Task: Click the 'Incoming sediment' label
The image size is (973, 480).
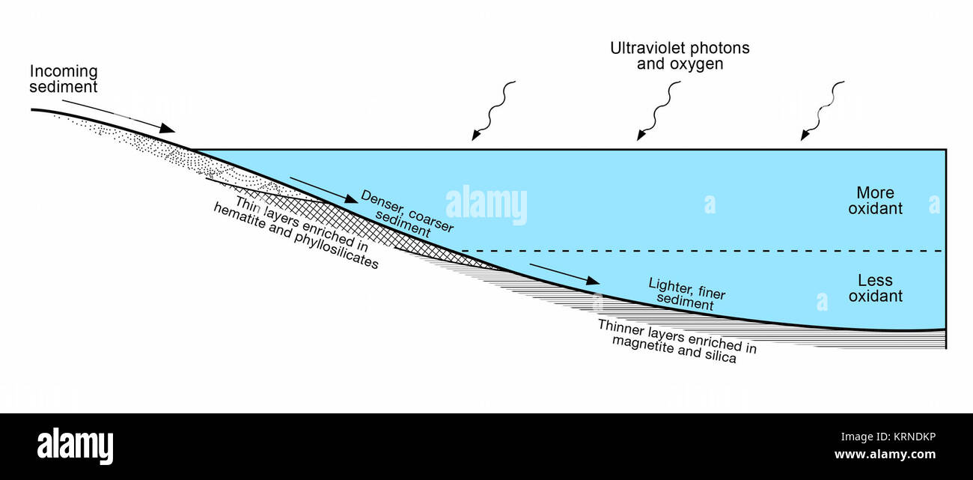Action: [64, 79]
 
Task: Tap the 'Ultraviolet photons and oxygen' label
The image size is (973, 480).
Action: [680, 55]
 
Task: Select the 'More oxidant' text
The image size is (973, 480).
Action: [875, 201]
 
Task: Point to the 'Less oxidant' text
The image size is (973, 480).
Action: [875, 288]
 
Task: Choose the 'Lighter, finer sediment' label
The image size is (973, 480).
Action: [686, 294]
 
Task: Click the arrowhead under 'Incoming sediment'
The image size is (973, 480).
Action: [167, 128]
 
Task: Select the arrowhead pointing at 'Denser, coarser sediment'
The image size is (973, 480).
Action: [350, 198]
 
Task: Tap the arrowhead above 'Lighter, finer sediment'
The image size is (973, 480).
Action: [593, 281]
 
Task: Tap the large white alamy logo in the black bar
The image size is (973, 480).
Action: [75, 446]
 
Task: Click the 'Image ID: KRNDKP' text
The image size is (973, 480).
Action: [888, 437]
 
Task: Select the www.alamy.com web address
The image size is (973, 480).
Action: [885, 455]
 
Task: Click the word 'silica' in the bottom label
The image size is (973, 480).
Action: [721, 356]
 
